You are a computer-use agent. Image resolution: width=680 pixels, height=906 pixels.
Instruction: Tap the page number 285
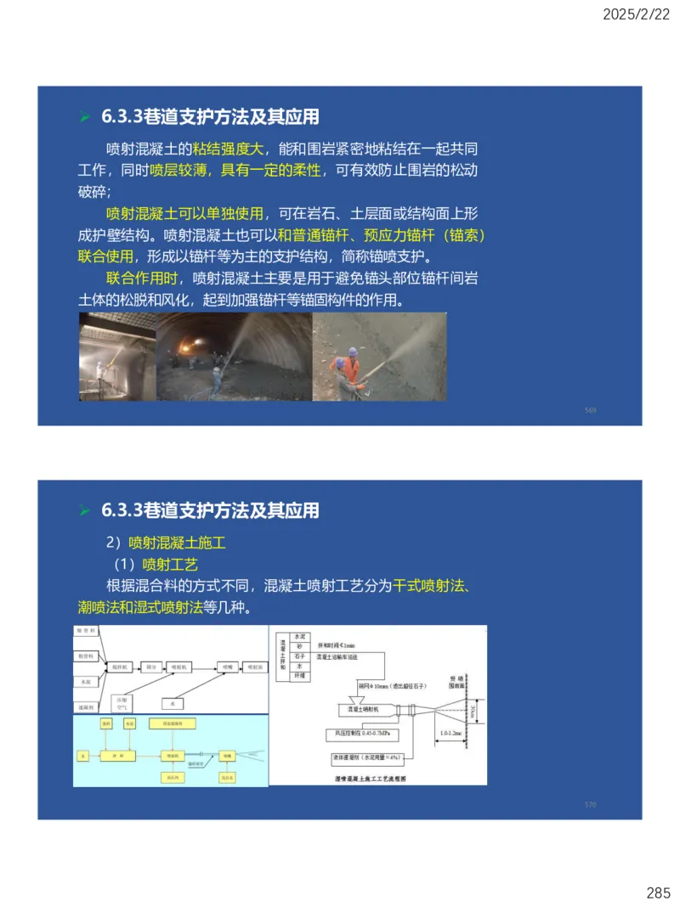[658, 892]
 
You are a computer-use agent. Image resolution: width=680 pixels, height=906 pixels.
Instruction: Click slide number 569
[591, 411]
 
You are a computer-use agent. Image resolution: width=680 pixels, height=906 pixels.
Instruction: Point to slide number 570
[591, 804]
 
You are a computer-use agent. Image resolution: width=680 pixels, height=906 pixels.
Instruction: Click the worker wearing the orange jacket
[346, 370]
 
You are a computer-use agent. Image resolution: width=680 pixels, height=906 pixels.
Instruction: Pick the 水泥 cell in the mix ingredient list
[300, 636]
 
